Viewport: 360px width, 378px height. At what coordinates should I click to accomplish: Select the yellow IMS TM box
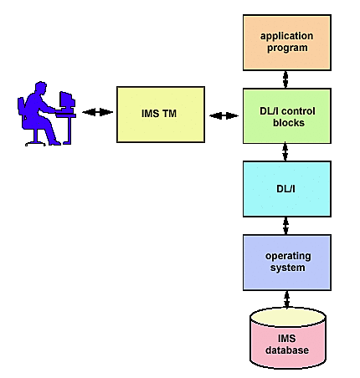click(x=160, y=113)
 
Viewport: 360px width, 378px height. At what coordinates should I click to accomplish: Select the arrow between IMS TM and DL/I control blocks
click(x=224, y=114)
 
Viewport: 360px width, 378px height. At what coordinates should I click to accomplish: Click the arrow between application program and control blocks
click(x=285, y=79)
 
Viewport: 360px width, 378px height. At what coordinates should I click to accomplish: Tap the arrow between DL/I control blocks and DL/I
click(x=285, y=151)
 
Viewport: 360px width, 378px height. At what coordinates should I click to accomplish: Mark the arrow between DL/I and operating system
click(x=285, y=225)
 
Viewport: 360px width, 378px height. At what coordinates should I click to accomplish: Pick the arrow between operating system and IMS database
click(x=285, y=298)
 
